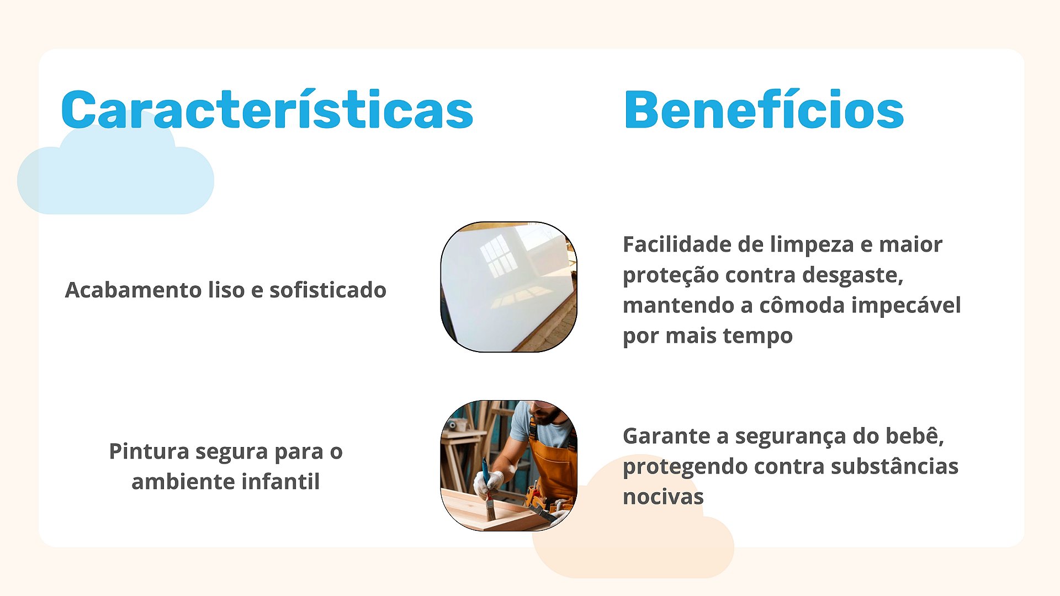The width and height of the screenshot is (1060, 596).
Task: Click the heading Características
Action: tap(267, 109)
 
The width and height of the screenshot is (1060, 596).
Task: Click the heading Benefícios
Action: tap(764, 109)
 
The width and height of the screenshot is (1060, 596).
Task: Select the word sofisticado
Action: tap(328, 290)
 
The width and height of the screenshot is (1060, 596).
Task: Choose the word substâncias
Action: tap(894, 466)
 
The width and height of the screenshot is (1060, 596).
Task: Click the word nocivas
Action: tap(663, 497)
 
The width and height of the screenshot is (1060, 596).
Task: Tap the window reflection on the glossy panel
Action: tap(499, 255)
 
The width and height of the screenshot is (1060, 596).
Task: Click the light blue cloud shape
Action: tap(115, 166)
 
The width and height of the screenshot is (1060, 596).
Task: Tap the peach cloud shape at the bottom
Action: tap(633, 524)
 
